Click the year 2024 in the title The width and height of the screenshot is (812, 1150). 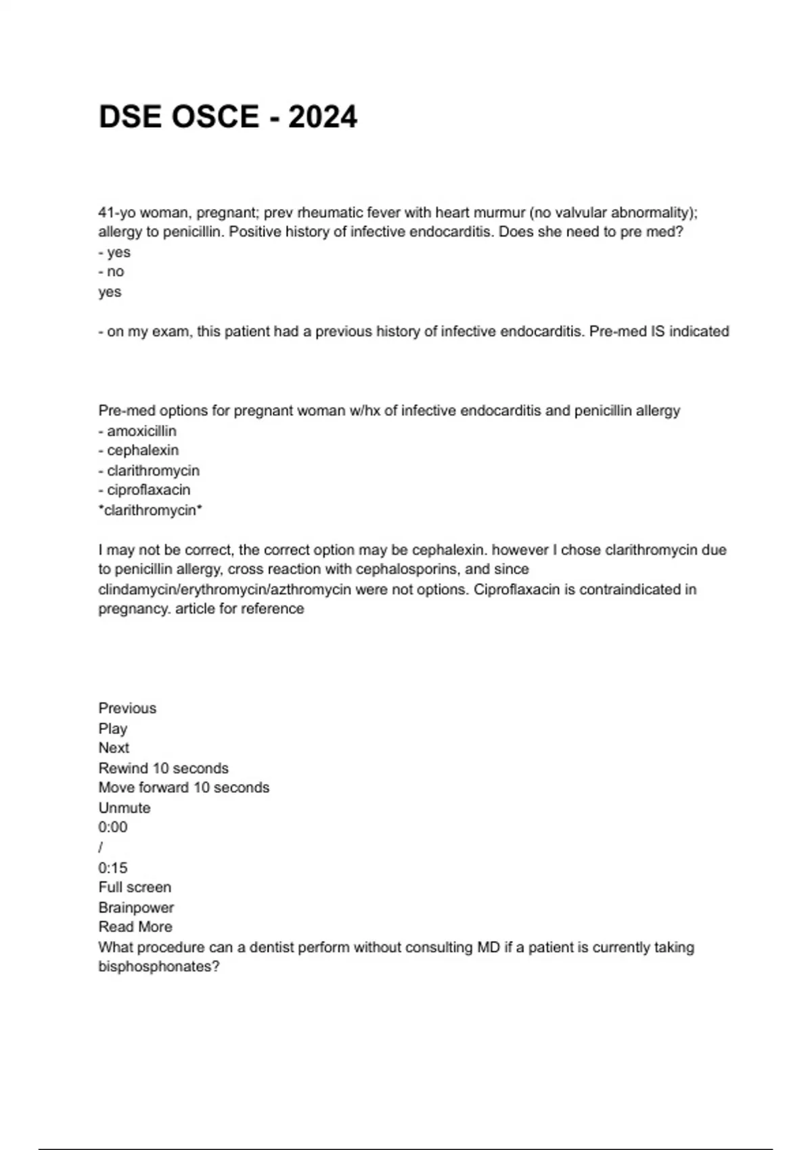pos(322,117)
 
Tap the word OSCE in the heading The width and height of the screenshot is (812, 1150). pos(215,117)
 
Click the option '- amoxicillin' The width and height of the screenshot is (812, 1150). pos(137,431)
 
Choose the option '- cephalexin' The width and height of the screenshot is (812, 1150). pos(139,451)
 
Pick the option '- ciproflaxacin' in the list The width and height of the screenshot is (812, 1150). pos(144,490)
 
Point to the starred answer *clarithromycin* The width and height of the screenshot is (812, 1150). pos(150,510)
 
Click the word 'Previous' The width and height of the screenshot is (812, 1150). pos(127,708)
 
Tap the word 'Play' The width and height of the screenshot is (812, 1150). pos(113,729)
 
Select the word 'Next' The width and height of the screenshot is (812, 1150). pos(114,748)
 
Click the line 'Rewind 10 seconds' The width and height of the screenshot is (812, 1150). pos(163,768)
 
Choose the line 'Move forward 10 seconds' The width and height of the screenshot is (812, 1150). pos(183,788)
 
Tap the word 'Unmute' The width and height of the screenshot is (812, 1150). pos(125,808)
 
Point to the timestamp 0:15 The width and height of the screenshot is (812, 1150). pos(113,868)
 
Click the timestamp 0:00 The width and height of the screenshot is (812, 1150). pos(113,827)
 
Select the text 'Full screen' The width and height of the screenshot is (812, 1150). pos(135,888)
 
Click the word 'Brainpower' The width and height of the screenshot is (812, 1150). pos(136,908)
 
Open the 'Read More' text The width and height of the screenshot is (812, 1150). pos(135,927)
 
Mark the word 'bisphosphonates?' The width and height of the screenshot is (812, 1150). pos(159,967)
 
